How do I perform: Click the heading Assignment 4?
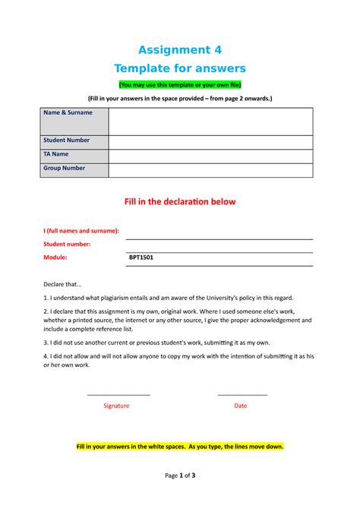(x=179, y=50)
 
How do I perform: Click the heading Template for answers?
(x=179, y=68)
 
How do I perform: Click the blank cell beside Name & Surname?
(x=210, y=121)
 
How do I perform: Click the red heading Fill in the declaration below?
(x=179, y=202)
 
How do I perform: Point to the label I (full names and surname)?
(x=81, y=230)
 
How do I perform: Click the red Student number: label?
(x=68, y=244)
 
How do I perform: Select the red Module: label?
(x=56, y=258)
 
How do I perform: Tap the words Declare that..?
(x=65, y=284)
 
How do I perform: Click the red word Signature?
(x=116, y=406)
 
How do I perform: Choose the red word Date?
(x=240, y=406)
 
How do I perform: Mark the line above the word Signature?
(x=118, y=395)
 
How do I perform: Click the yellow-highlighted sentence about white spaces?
(x=180, y=447)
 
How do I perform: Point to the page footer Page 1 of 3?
(x=180, y=476)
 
